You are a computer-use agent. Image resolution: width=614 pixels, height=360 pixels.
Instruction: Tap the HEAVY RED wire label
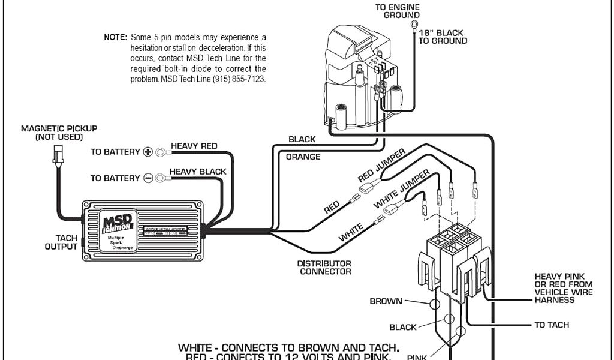pyautogui.click(x=194, y=146)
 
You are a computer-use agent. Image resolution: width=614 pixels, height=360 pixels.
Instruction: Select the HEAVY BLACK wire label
pyautogui.click(x=197, y=172)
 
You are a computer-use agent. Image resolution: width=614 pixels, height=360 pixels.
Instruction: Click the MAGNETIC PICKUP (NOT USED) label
pyautogui.click(x=59, y=133)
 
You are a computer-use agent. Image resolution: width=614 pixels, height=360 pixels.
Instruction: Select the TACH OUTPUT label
pyautogui.click(x=62, y=242)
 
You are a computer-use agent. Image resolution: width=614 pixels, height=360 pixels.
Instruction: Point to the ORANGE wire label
pyautogui.click(x=303, y=157)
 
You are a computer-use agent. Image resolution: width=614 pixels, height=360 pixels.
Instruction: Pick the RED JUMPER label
pyautogui.click(x=381, y=163)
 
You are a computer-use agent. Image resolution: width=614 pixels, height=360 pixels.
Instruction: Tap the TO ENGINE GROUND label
pyautogui.click(x=397, y=11)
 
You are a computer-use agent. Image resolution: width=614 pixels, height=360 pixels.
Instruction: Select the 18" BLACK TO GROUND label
pyautogui.click(x=443, y=37)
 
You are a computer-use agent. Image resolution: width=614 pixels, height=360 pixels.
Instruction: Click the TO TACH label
pyautogui.click(x=552, y=325)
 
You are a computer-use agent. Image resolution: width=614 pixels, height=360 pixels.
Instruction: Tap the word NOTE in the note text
pyautogui.click(x=115, y=37)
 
